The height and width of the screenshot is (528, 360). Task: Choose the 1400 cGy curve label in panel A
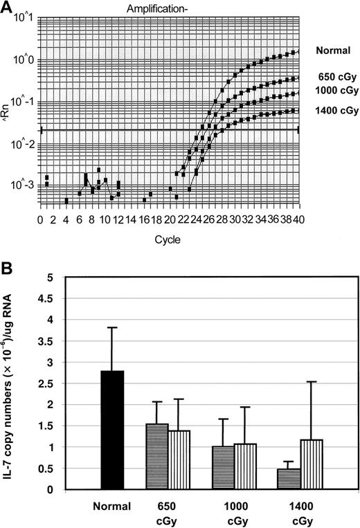click(x=336, y=110)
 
